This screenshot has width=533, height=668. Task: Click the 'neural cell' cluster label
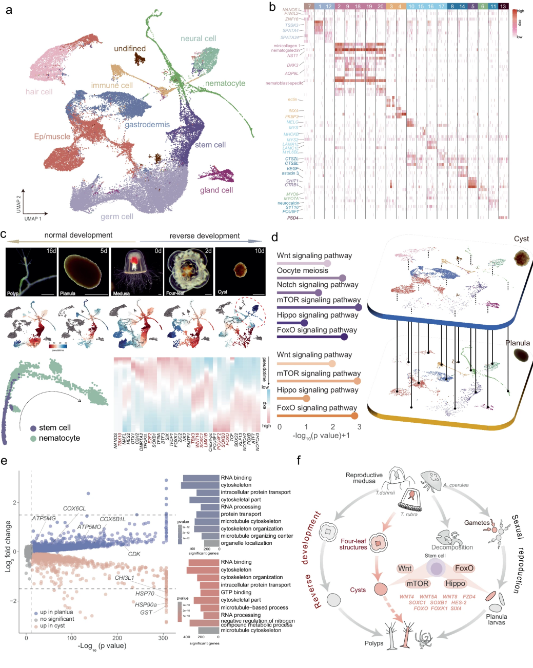[x=198, y=38]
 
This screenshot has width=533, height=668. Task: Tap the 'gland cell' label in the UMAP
[x=216, y=190]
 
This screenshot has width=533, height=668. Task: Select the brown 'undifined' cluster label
[x=130, y=49]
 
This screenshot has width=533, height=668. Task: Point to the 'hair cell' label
[x=39, y=92]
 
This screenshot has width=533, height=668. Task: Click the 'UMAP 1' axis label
[x=33, y=219]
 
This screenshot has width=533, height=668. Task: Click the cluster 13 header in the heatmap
[x=503, y=6]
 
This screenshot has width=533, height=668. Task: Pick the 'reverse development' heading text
[x=204, y=236]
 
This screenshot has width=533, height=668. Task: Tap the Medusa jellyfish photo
[x=135, y=272]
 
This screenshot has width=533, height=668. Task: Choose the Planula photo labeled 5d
[x=83, y=272]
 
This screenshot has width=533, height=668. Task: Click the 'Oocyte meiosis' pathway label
[x=302, y=270]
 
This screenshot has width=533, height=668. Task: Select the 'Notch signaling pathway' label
[x=318, y=285]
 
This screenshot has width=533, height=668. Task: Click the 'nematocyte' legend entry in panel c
[x=59, y=438]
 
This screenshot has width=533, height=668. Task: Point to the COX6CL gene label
[x=74, y=508]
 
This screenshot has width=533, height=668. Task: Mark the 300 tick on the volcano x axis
[x=163, y=638]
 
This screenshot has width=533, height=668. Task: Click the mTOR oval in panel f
[x=417, y=583]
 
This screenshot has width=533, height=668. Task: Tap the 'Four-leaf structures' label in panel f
[x=353, y=544]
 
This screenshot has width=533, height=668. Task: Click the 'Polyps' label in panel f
[x=374, y=643]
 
